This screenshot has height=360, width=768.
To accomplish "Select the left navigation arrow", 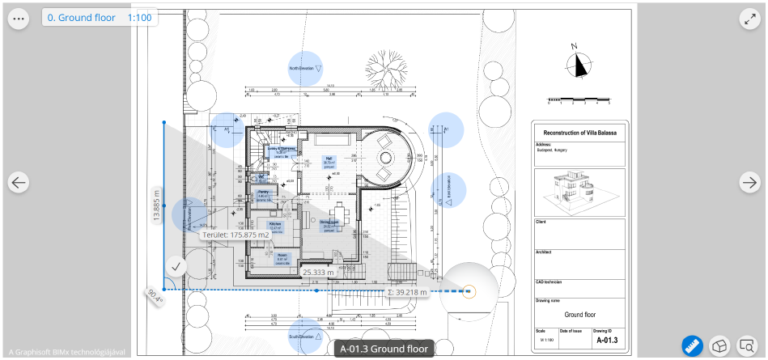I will click(19, 183).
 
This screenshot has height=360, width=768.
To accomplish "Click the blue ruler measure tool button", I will click(692, 345).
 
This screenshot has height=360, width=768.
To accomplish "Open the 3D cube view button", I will click(719, 345).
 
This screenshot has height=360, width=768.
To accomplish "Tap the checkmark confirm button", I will click(176, 265).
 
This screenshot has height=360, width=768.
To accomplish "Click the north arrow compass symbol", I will click(579, 63).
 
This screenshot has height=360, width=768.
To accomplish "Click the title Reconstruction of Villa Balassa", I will click(579, 132).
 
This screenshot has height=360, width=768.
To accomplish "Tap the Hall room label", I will click(329, 160).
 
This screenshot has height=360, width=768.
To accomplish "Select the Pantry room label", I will click(264, 194).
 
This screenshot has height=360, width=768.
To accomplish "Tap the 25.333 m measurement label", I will click(318, 273).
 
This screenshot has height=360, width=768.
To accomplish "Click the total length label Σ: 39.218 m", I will click(407, 291).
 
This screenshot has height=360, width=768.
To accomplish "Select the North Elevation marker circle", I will click(306, 69).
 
